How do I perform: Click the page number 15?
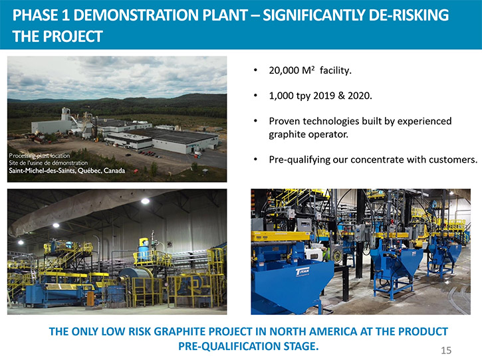tap(446, 350)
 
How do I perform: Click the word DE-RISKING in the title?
tap(408, 15)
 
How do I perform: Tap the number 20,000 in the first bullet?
tap(284, 70)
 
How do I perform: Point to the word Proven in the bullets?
tap(284, 121)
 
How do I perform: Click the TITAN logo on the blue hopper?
tap(302, 272)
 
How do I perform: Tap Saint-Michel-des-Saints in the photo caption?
tap(41, 171)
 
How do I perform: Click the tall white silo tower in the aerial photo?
tap(65, 114)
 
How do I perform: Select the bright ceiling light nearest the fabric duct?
tap(145, 201)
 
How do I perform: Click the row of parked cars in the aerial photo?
tap(148, 153)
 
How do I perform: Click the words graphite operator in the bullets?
tap(308, 135)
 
